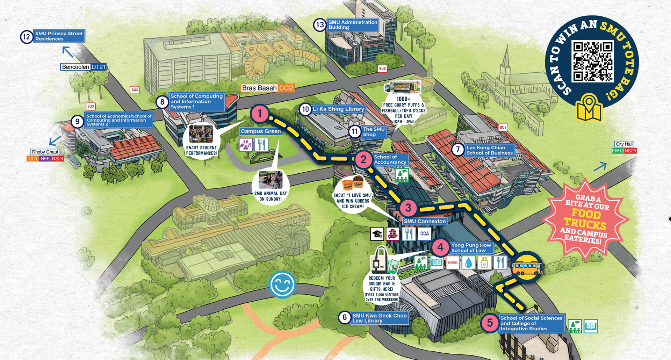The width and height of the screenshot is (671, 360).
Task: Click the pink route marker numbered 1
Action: click(259, 114)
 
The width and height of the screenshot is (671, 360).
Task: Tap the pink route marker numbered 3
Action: click(408, 208)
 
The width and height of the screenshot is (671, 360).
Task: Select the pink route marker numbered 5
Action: click(490, 323)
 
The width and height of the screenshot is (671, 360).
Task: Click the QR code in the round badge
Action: click(592, 62)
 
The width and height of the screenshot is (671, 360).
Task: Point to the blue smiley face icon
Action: click(282, 285)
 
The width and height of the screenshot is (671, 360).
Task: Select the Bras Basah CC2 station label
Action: click(268, 88)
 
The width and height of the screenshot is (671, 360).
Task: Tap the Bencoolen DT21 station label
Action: click(84, 67)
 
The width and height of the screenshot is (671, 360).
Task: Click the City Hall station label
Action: click(624, 144)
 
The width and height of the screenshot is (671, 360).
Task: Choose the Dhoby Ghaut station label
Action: click(45, 152)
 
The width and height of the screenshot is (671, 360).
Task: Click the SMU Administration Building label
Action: click(353, 24)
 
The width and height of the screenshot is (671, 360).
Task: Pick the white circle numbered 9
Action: click(77, 121)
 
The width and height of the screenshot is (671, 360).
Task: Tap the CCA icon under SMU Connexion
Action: click(424, 234)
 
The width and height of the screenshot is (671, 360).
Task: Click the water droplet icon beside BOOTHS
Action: click(468, 262)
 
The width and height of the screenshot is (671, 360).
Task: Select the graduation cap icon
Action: click(377, 234)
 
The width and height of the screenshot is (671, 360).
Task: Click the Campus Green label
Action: click(261, 131)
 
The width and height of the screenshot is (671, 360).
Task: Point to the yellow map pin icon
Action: click(589, 107)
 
